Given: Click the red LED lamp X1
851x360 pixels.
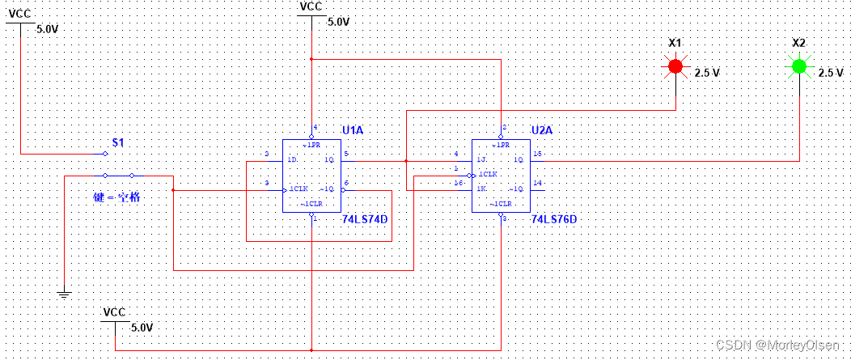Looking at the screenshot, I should click(x=675, y=66).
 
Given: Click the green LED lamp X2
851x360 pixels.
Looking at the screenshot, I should click(x=799, y=66).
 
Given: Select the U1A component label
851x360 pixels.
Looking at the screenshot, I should click(x=352, y=129).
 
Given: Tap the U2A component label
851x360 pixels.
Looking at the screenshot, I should click(x=541, y=129).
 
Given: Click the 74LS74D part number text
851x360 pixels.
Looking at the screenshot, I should click(x=364, y=219).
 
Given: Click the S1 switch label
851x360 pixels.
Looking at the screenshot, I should click(x=118, y=142).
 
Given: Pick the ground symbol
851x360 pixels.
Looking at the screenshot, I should click(x=64, y=294).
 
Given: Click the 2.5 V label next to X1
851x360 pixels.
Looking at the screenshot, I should click(x=706, y=73).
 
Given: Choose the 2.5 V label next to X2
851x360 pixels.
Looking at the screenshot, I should click(x=830, y=73).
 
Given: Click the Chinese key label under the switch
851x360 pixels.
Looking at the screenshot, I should click(x=117, y=197).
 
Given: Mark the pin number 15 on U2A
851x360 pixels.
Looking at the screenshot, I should click(x=536, y=154).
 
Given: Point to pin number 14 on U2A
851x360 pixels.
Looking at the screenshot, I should click(x=536, y=184).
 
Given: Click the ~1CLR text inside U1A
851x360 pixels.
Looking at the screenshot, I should click(x=312, y=203).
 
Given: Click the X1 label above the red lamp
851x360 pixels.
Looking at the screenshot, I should click(x=675, y=43).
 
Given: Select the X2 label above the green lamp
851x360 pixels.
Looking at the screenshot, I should click(x=798, y=43).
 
